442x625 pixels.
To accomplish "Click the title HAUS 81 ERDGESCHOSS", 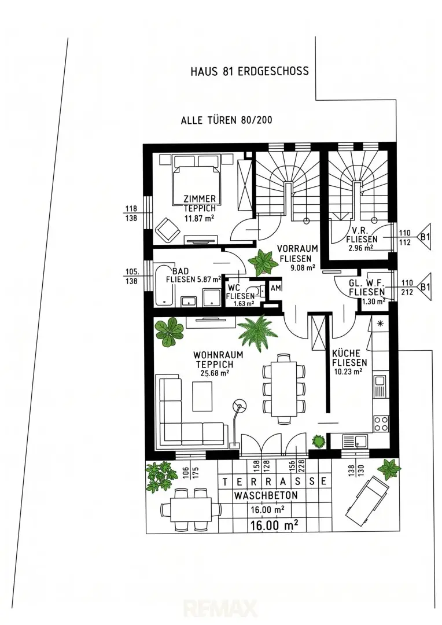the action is coord(249,71).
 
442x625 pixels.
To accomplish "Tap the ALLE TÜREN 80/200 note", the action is coord(226,120).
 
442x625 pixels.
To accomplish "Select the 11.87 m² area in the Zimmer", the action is coord(199,218).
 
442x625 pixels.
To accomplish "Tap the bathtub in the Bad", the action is coord(164,285).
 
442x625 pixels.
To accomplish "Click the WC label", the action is coord(234,288).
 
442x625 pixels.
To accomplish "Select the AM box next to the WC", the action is coord(276,288).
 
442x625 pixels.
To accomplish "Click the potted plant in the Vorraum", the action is coord(263,262).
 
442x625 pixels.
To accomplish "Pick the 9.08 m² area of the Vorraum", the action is coord(303,267).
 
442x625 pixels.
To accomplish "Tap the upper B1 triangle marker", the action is coord(425,237).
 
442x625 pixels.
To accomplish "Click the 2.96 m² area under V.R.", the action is coord(360,248).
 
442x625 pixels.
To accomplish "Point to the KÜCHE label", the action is coord(346,353).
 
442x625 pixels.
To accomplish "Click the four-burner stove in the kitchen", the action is coord(381,423).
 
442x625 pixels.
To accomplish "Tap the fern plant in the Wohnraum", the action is coord(257,332).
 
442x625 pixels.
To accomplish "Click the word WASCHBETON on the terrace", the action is coord(266,495).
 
